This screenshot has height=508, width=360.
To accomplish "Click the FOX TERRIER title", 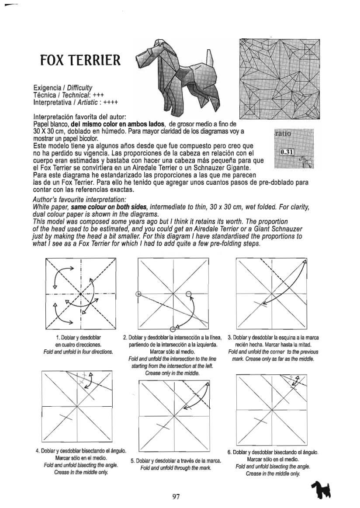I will [x=80, y=60].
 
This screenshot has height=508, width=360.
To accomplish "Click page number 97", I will [x=176, y=496].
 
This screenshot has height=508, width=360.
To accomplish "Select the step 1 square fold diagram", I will [x=80, y=294].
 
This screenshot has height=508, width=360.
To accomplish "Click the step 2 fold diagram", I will [x=173, y=294].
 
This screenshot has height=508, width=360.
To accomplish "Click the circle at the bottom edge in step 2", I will [x=173, y=328].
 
